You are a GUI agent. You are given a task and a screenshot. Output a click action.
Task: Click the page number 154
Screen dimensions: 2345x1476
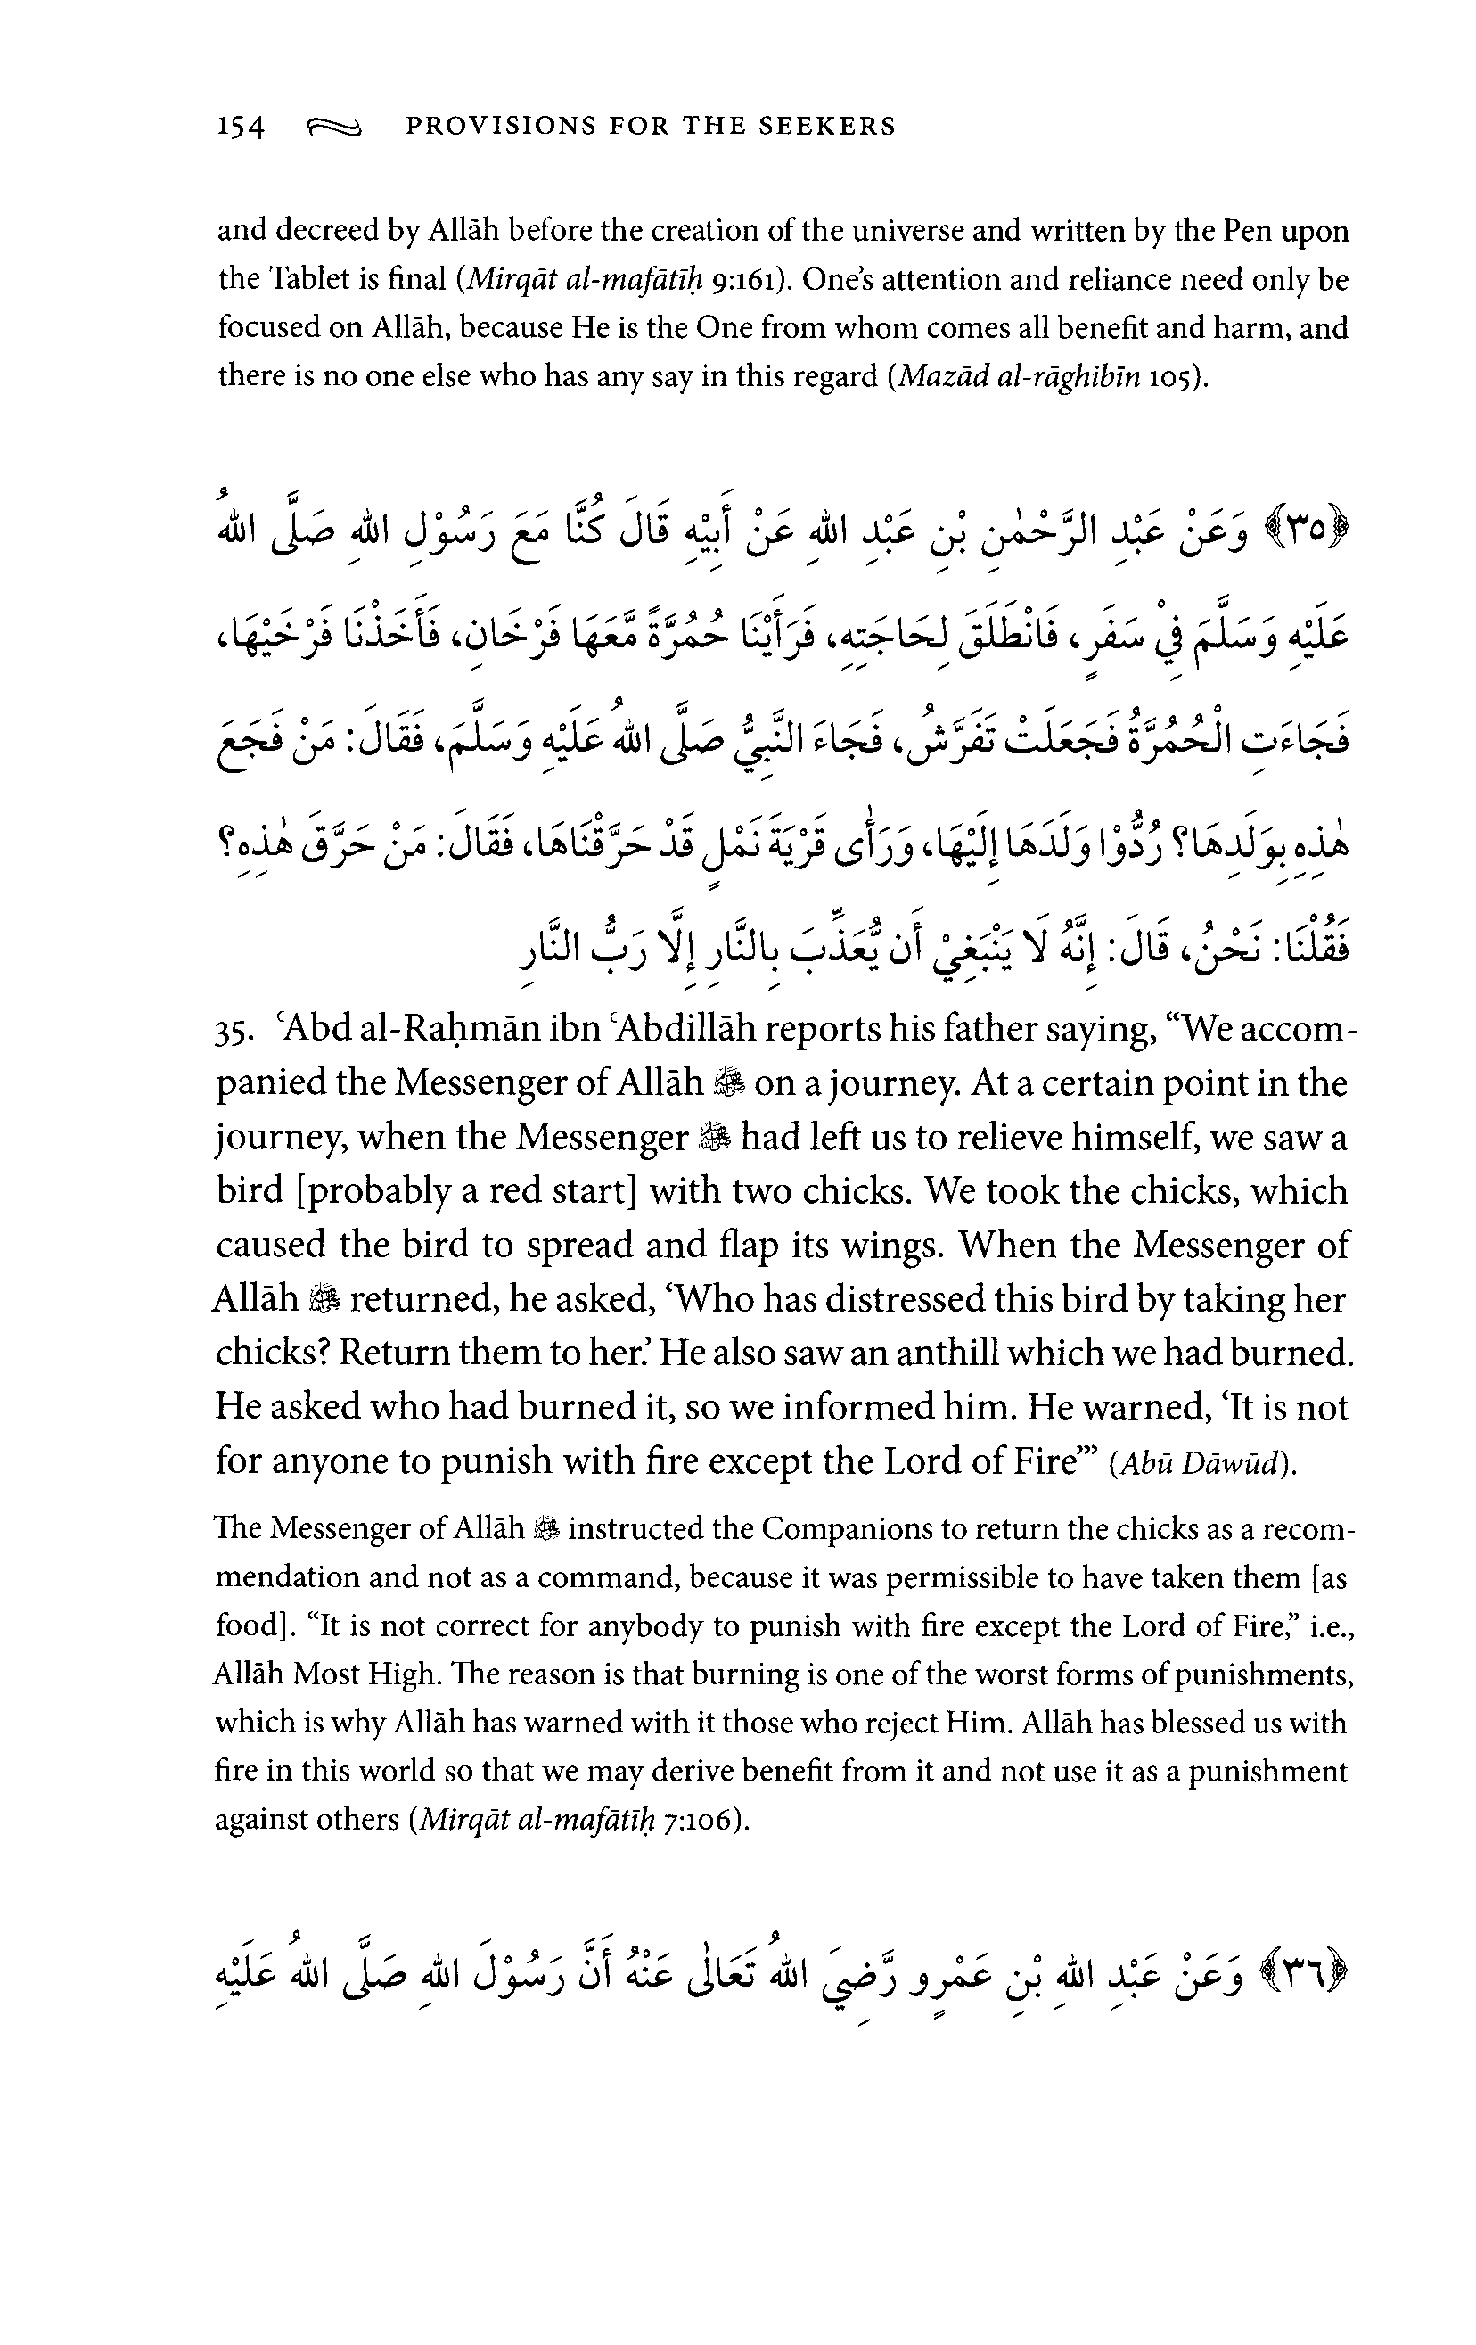click(240, 128)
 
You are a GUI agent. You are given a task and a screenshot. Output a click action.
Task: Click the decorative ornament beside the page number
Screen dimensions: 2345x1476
click(334, 127)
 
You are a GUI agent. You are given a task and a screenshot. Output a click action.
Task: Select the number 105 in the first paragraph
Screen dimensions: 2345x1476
click(1171, 377)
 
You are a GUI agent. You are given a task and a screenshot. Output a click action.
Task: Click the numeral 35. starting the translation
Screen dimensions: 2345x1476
click(234, 1032)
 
